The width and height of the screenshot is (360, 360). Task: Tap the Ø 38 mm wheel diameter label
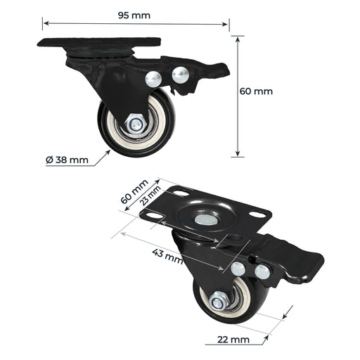[x=67, y=160]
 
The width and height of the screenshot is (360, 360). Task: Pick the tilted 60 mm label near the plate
[x=134, y=191]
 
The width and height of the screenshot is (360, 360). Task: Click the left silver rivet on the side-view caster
[x=153, y=79]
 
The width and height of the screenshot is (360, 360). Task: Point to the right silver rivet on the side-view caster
[x=180, y=73]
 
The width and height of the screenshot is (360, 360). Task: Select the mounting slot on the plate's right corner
[x=258, y=214]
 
